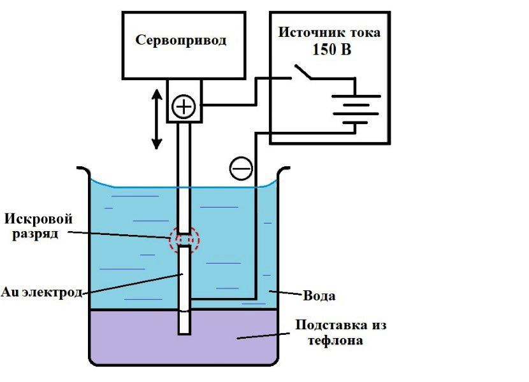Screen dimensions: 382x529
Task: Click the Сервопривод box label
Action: [x=181, y=41]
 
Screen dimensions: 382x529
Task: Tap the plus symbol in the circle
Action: [x=184, y=106]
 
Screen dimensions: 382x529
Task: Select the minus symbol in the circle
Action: [x=241, y=168]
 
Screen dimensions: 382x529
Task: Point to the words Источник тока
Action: [x=329, y=31]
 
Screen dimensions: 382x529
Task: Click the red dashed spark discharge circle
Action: [x=184, y=240]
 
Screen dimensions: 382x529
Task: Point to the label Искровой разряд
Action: [x=39, y=226]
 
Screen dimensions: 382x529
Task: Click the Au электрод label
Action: [x=42, y=292]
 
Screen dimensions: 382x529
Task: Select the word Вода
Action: [x=319, y=296]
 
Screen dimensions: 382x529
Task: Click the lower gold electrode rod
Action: [x=184, y=290]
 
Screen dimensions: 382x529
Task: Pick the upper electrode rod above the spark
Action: [x=184, y=178]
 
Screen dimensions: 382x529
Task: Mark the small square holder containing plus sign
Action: [x=184, y=101]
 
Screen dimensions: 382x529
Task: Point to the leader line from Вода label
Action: [x=284, y=293]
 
